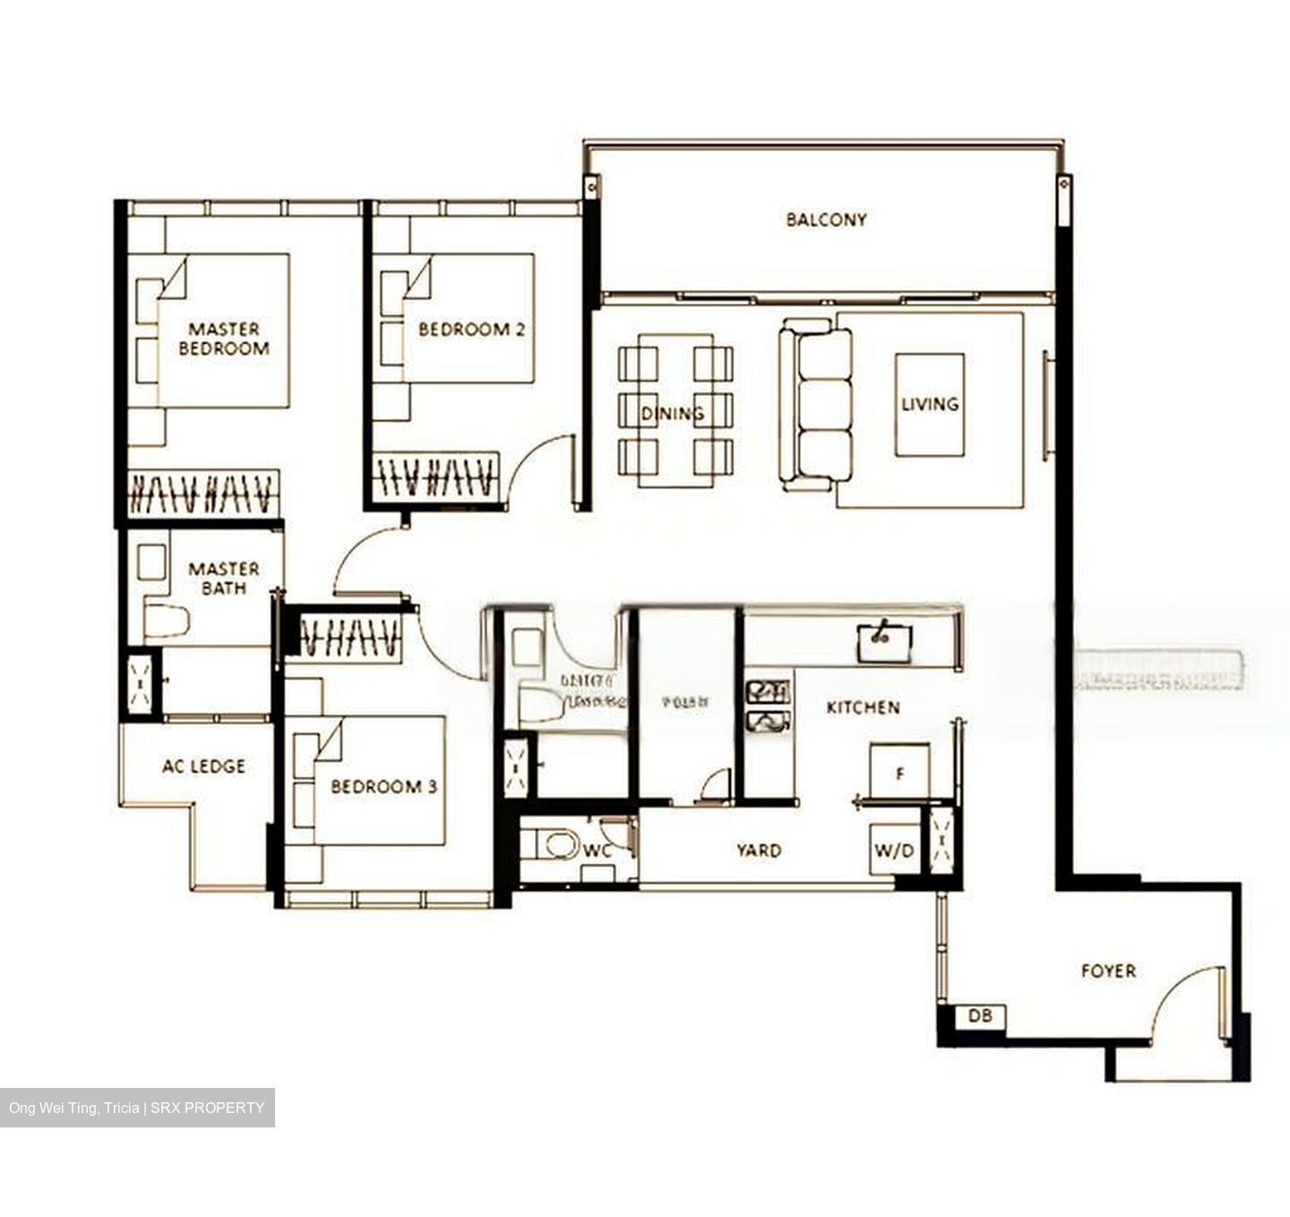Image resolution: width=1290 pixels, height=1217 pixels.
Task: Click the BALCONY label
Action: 826,220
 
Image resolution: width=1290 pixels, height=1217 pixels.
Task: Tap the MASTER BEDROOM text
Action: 224,339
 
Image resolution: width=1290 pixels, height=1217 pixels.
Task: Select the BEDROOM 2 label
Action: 471,330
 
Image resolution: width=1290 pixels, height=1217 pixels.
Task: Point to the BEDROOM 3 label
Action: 383,787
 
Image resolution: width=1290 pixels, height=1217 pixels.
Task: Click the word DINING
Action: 672,413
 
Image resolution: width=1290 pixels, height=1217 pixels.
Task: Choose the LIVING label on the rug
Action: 930,404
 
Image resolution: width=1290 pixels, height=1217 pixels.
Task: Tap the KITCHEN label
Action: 863,708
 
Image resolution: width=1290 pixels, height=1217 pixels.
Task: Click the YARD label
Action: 759,850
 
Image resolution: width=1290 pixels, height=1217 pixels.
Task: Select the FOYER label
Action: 1108,971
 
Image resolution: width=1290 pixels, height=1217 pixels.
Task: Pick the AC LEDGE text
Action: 203,766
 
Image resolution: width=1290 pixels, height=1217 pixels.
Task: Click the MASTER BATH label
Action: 224,579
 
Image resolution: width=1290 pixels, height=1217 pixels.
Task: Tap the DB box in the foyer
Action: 980,1017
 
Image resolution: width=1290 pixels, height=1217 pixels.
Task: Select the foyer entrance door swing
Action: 1187,1004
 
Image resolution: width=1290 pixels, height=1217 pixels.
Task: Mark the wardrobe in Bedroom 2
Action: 435,476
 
